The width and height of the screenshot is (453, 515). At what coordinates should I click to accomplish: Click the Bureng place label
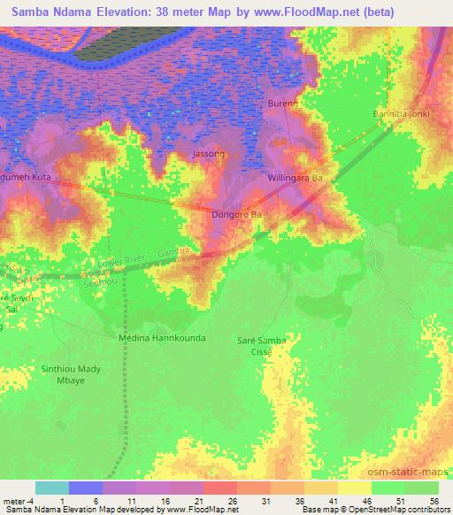click(284, 104)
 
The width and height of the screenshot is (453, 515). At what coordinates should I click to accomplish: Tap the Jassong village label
click(209, 154)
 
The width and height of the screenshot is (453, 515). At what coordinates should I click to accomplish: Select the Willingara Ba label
click(298, 178)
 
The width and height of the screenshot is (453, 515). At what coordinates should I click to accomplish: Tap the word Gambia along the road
click(174, 253)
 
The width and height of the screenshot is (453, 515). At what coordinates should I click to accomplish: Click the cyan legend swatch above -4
click(52, 488)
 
